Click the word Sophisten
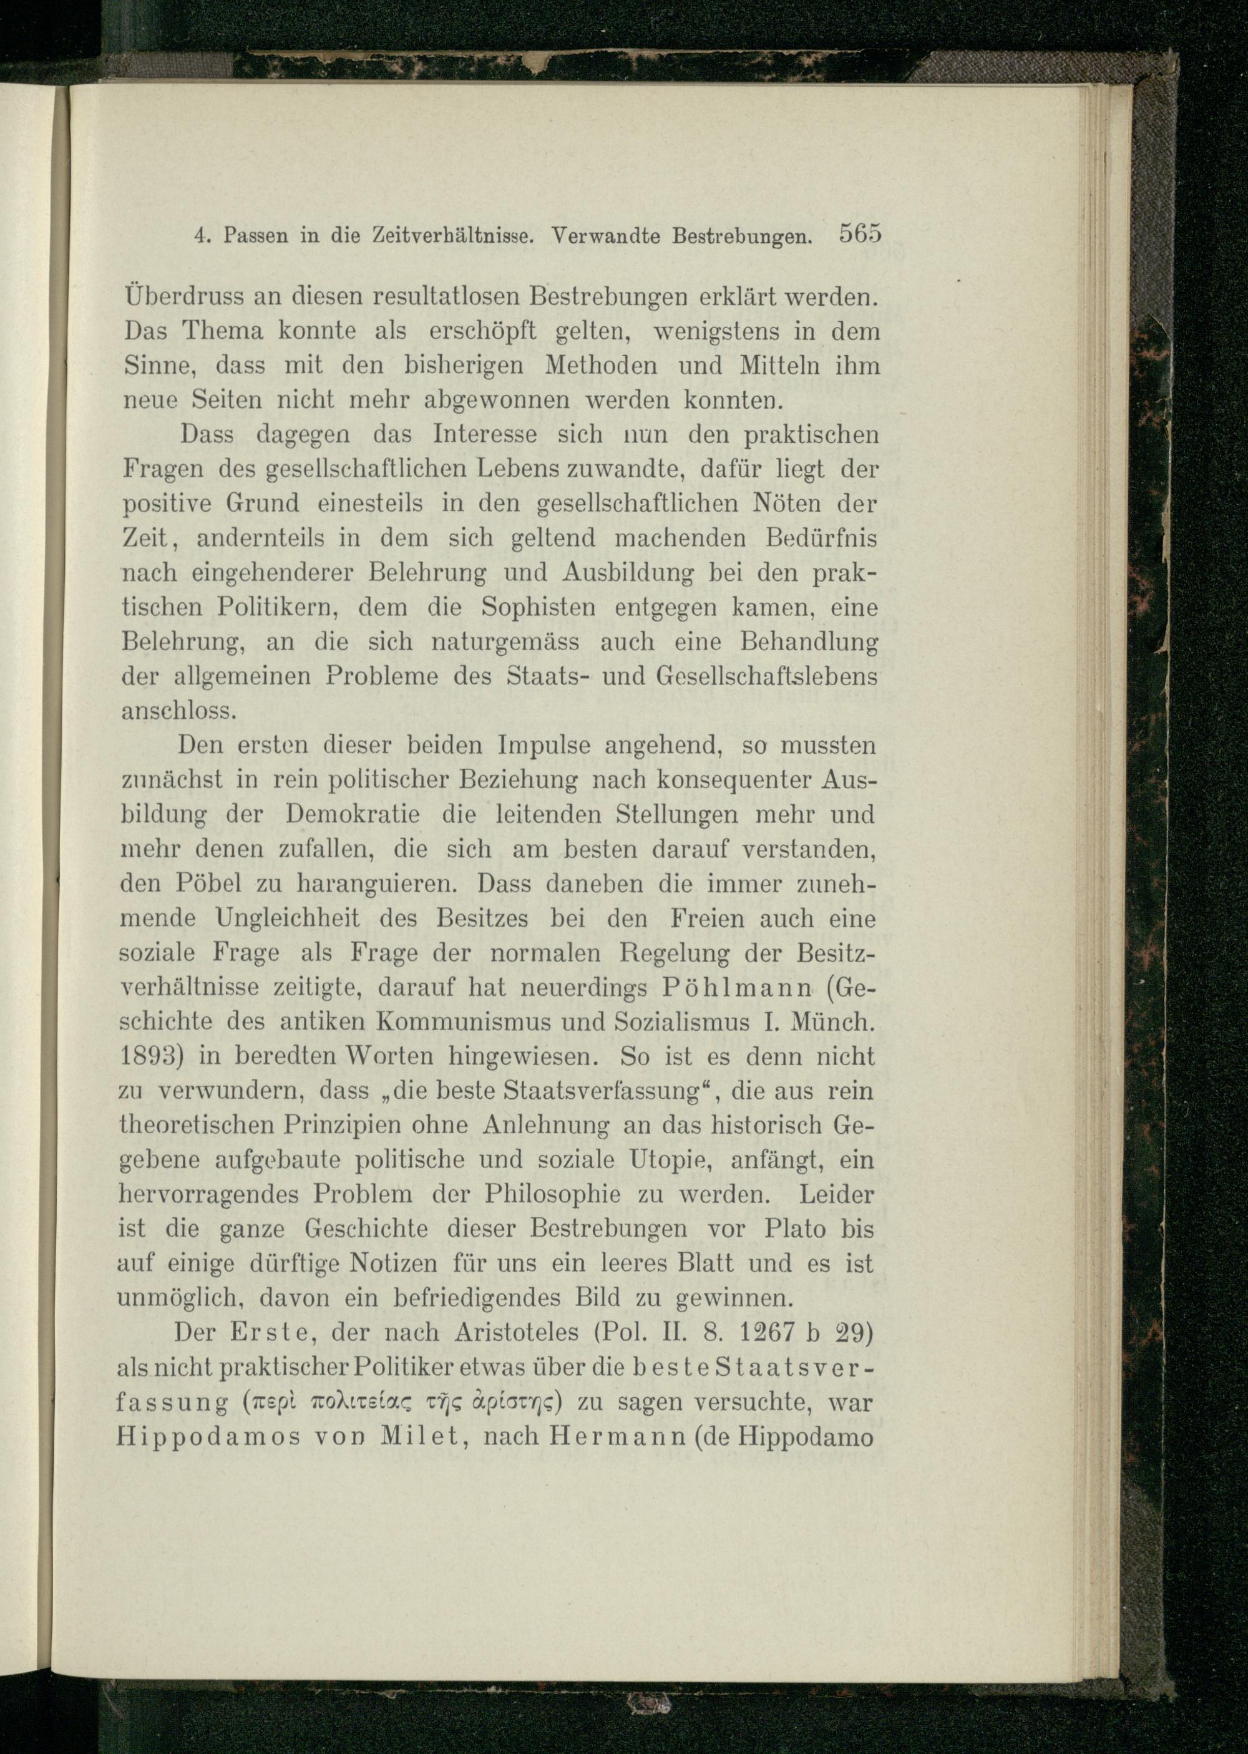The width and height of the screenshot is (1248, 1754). (538, 608)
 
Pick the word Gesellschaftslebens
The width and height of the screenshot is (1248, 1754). (768, 676)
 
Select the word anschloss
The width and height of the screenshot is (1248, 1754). (179, 711)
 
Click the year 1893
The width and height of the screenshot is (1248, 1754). (150, 1057)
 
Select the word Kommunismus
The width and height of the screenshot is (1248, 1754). (492, 1023)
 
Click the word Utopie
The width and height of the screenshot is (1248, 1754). (666, 1160)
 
